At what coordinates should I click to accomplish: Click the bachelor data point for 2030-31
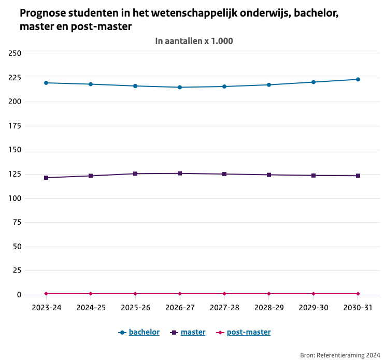click(358, 79)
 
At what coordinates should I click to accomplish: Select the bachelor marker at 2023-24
click(46, 83)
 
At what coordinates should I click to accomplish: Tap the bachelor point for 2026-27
click(180, 87)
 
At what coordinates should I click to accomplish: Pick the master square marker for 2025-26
click(135, 174)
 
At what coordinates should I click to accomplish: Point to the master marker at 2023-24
click(46, 178)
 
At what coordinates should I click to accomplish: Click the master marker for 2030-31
click(358, 176)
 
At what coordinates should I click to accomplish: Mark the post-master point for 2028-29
click(268, 294)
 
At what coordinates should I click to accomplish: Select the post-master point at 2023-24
click(46, 294)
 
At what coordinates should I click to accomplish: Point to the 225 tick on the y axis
click(15, 78)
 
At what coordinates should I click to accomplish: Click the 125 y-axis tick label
click(15, 174)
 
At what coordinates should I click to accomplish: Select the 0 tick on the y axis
click(19, 295)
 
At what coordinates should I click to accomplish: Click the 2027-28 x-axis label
click(224, 308)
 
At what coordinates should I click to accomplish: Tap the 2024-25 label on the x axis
click(91, 308)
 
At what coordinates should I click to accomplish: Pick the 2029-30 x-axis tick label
click(313, 308)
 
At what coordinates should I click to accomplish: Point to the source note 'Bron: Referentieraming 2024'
click(340, 355)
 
